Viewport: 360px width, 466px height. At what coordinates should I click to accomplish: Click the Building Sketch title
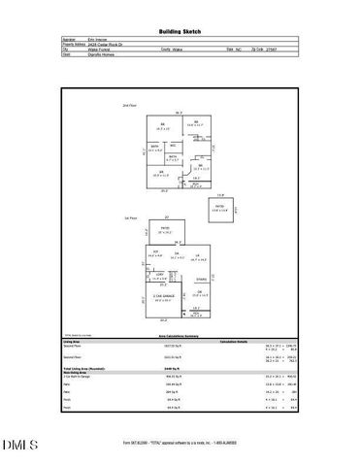(180, 31)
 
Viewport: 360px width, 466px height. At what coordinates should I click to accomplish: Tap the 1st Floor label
(129, 219)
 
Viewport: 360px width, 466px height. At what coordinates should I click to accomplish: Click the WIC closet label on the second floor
(173, 146)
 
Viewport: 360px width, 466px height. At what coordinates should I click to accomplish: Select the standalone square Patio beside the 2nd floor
(220, 209)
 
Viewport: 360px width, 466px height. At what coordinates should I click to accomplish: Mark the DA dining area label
(176, 255)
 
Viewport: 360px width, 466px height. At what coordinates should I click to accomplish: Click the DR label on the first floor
(199, 292)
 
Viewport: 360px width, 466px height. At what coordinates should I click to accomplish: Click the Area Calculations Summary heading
(180, 335)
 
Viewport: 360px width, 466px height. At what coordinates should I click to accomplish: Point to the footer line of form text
(180, 442)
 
